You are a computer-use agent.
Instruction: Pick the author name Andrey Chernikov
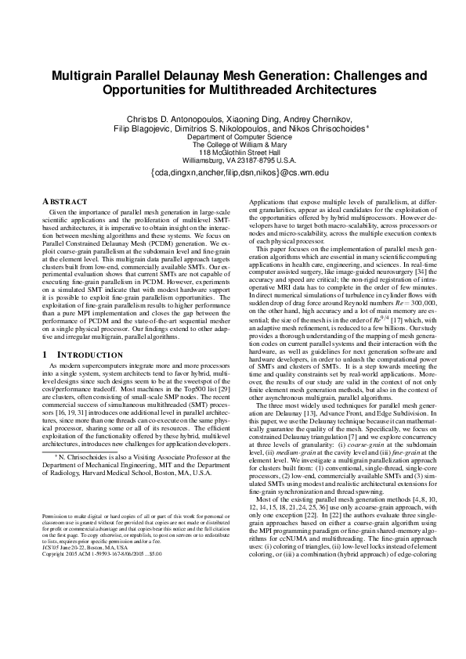(x=324, y=118)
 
